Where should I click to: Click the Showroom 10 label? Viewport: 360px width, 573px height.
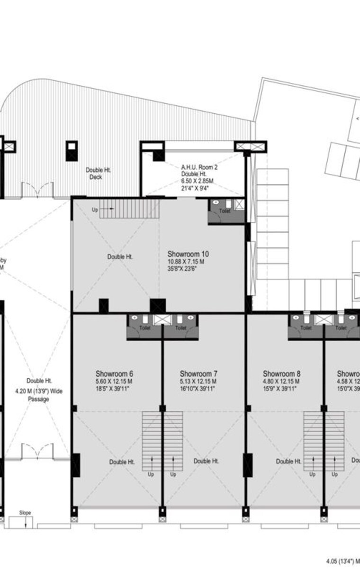coord(188,255)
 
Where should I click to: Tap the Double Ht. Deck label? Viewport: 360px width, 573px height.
coord(98,173)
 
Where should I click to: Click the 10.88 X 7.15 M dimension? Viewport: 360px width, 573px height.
coord(186,262)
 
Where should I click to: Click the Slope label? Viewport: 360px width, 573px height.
coord(25,513)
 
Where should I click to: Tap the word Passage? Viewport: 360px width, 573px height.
coord(38,399)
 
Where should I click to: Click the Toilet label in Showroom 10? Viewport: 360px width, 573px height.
coord(225,211)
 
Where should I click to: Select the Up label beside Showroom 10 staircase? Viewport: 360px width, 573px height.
coord(95,209)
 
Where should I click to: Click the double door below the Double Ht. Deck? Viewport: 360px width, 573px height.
coord(34,190)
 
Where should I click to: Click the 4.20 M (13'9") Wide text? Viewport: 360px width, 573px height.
coord(39,391)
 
